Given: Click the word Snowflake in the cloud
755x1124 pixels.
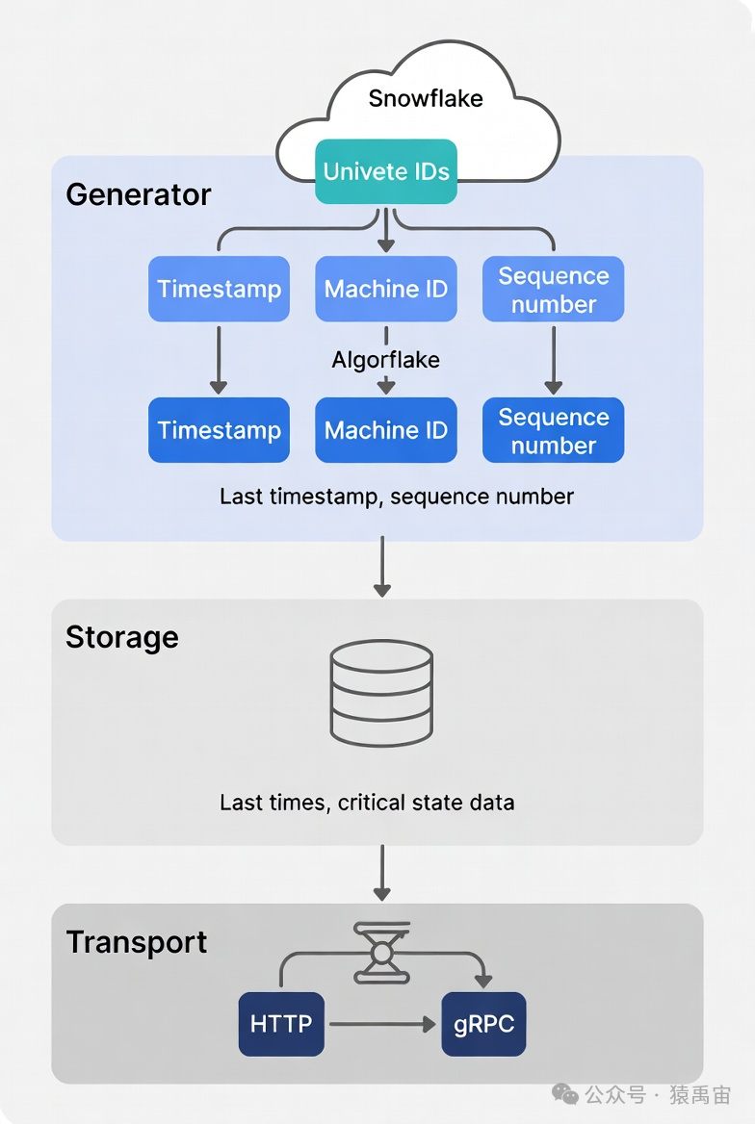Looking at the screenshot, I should (425, 98).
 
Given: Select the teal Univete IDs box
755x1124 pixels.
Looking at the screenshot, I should (386, 171).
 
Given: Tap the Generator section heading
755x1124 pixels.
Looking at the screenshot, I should (138, 194).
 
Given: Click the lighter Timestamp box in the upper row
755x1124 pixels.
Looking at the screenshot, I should (219, 289).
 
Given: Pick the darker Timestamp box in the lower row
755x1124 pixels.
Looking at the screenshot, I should (219, 430).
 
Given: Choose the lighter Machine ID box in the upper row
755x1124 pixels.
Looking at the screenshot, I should (386, 289).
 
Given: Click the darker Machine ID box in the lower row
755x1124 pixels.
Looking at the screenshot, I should (386, 430).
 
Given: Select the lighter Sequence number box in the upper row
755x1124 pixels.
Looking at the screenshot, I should (553, 289).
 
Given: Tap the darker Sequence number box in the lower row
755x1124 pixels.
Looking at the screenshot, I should (553, 430).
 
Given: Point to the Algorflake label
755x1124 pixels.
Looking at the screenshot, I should (386, 360).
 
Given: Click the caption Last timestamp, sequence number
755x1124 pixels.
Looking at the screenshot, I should (396, 497).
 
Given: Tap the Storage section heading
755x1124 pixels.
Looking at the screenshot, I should (121, 637).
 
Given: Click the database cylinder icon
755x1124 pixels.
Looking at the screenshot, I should (381, 693).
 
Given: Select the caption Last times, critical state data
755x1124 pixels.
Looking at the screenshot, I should (367, 802).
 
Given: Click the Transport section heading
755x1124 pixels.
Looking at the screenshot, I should (136, 941).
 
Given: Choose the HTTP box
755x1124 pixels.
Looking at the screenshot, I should (281, 1024).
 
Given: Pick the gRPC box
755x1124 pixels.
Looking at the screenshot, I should (483, 1024).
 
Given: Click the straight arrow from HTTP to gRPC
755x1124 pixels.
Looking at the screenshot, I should (382, 1024).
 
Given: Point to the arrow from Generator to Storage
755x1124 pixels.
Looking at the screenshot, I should (382, 568).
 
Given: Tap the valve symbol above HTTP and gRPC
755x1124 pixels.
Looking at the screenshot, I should (382, 952).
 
